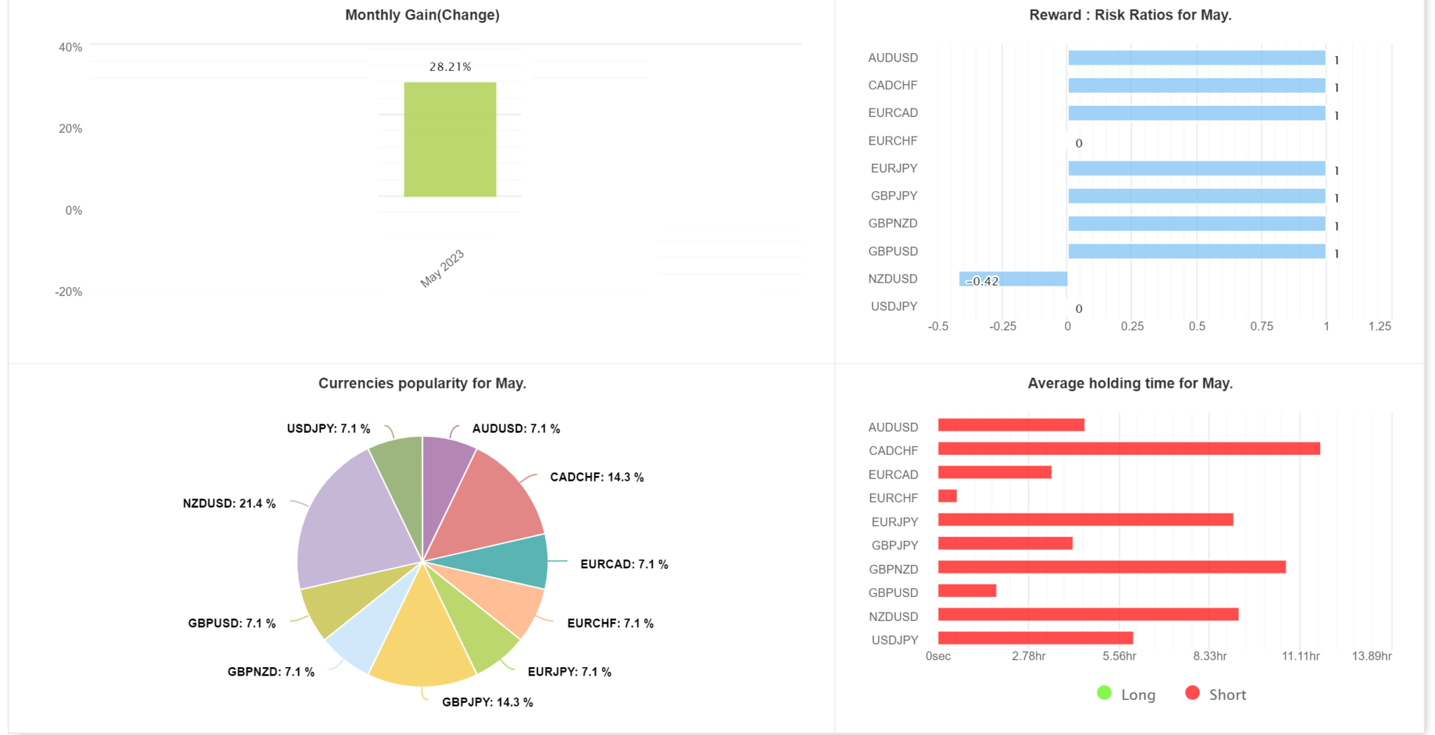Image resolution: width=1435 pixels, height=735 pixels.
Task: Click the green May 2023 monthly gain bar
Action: click(x=450, y=139)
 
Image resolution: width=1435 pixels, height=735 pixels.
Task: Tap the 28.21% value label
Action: click(x=450, y=66)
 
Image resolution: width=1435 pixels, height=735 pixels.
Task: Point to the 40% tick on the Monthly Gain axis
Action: click(x=70, y=48)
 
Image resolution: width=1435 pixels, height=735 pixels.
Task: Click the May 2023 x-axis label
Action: click(x=442, y=268)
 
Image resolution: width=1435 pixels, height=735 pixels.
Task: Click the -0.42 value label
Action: click(x=982, y=281)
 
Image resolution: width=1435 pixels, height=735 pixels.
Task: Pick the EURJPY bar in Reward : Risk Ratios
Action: click(x=1196, y=169)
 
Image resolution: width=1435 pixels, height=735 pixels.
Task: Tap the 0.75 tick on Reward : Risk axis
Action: click(x=1261, y=326)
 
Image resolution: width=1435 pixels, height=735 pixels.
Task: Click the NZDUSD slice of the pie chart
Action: click(x=350, y=525)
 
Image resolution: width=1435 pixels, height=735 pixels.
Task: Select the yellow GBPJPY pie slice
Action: click(x=423, y=637)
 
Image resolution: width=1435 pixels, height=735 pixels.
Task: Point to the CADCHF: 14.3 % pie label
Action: click(x=596, y=477)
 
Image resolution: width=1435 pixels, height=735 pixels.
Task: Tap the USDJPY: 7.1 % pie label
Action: click(x=328, y=428)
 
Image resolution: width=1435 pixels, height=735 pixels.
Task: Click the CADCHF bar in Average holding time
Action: click(x=1128, y=449)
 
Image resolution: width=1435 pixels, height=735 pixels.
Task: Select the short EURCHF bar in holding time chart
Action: click(x=947, y=496)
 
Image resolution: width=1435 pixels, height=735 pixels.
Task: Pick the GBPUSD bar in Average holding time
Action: click(x=967, y=591)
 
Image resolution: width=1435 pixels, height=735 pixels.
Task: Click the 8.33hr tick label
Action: click(x=1209, y=656)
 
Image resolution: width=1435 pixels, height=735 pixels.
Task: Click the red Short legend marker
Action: click(x=1192, y=693)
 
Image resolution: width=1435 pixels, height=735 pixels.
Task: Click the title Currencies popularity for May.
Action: click(x=422, y=384)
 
